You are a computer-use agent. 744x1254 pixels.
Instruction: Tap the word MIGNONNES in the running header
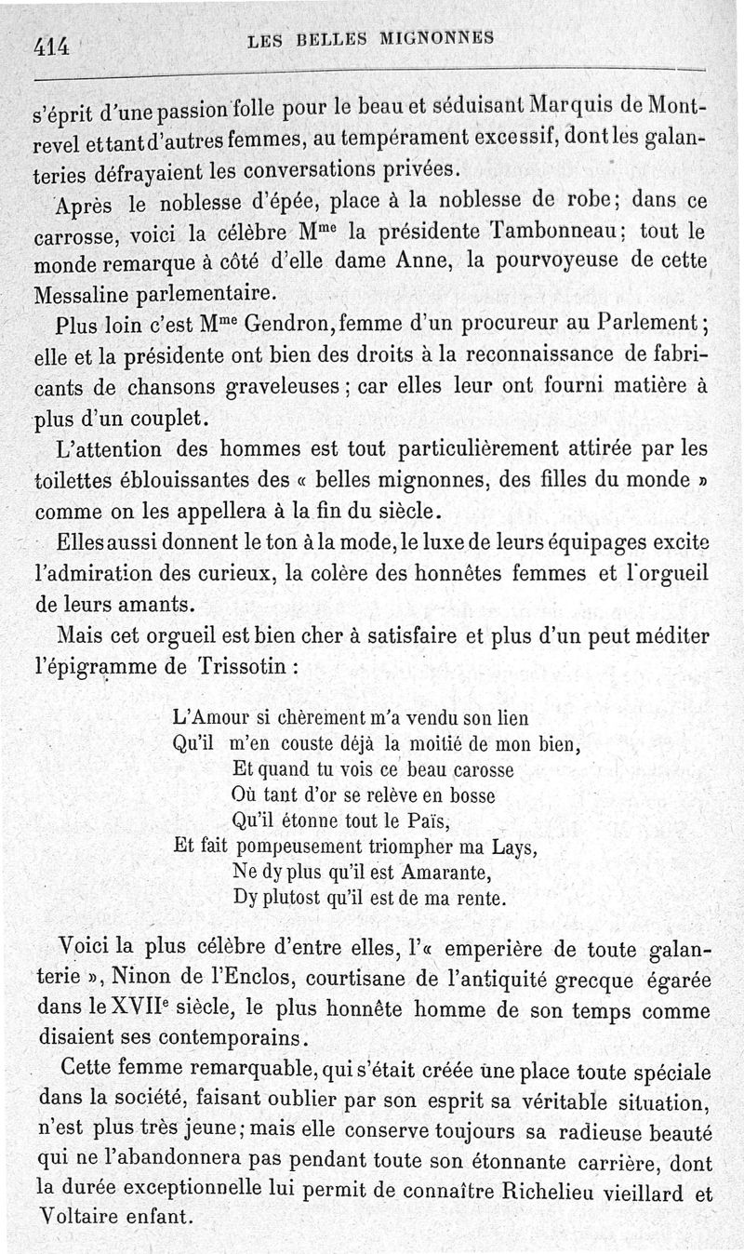coord(436,38)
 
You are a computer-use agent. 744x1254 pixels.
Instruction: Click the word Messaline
coord(82,294)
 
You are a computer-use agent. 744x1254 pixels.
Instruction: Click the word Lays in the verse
coord(513,847)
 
